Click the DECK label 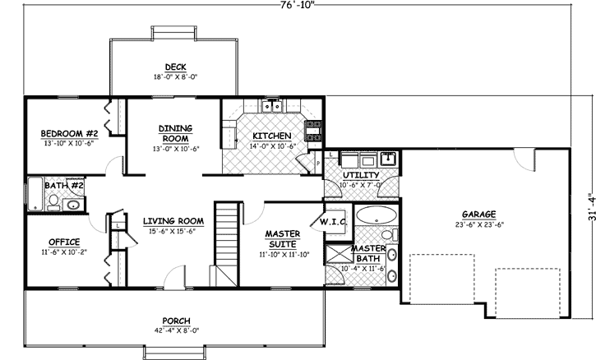173,67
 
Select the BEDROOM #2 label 70,133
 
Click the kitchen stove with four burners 312,128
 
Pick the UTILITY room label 360,175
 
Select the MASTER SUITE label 282,238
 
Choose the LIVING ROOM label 173,220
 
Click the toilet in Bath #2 73,205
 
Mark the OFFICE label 63,242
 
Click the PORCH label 173,321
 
